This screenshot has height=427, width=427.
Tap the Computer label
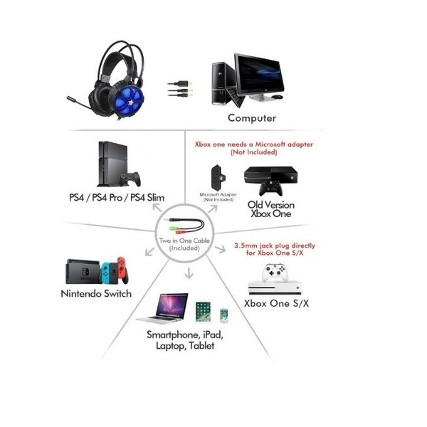point(252,118)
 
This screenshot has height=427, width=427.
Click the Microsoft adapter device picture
point(218,178)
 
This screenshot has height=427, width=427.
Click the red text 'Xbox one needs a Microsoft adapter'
point(254,144)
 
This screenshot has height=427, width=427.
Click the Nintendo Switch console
point(99,270)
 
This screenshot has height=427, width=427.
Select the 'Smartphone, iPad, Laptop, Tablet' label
point(184,339)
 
